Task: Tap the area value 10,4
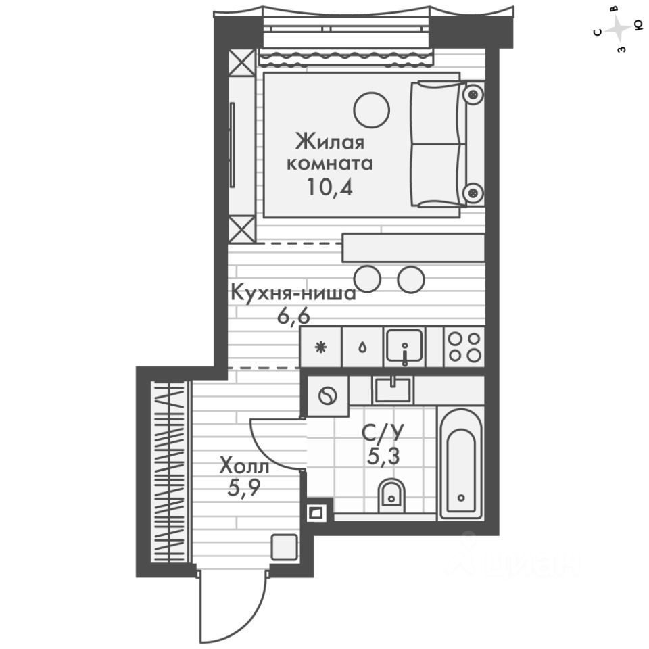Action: point(331,187)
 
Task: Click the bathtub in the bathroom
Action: point(460,462)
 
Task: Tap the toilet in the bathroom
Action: point(390,494)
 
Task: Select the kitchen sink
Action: point(404,345)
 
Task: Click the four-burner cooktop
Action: point(464,345)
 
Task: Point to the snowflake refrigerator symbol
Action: point(321,347)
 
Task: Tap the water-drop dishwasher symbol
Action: point(363,347)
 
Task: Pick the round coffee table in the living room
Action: point(371,109)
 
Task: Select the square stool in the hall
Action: point(283,546)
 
